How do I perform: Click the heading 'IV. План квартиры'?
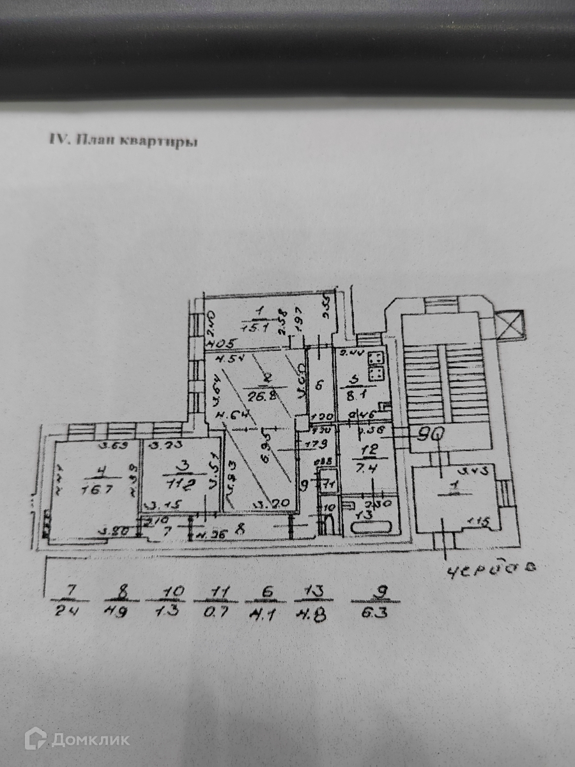(x=123, y=141)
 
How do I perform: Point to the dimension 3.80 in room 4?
(x=116, y=529)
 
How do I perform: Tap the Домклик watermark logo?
(x=77, y=740)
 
